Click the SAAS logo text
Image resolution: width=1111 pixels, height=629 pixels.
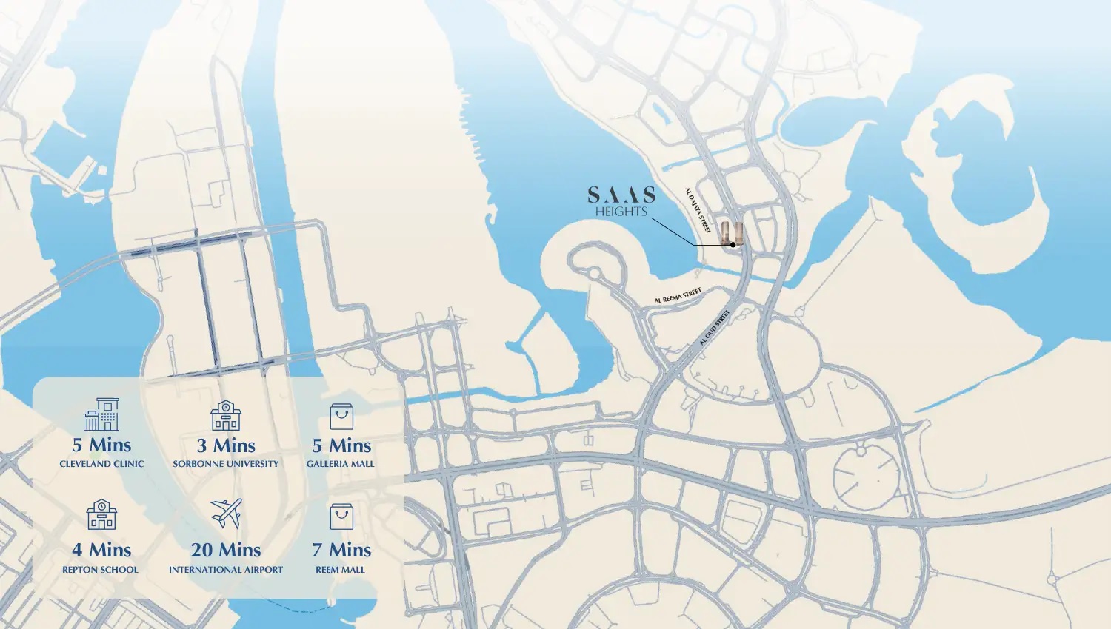[621, 195]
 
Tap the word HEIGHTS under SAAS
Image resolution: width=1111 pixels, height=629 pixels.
[621, 212]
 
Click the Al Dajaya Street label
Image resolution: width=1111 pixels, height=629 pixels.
[698, 210]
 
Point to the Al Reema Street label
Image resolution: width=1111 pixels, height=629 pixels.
[677, 296]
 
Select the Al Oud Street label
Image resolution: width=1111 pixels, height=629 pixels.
[715, 328]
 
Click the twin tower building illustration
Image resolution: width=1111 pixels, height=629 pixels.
[732, 233]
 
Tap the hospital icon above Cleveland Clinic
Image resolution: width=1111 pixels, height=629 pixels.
[101, 414]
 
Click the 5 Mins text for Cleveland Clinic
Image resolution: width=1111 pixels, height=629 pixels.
[101, 445]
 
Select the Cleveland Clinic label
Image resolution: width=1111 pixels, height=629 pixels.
[101, 464]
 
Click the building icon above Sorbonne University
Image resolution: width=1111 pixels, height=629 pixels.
[225, 416]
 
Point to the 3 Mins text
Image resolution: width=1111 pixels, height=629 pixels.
[226, 445]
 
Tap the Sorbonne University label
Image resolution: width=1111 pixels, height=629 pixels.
[226, 464]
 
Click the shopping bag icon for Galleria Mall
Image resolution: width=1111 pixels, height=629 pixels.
[341, 417]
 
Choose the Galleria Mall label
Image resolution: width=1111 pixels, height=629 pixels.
[341, 464]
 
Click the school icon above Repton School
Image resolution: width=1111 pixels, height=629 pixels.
[101, 514]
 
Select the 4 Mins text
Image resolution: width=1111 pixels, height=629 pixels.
[101, 550]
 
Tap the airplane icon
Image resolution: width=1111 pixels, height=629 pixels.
[226, 514]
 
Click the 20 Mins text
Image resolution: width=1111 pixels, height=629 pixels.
[226, 550]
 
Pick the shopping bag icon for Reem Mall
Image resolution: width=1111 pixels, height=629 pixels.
[341, 517]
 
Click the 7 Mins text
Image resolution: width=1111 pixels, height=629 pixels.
[341, 550]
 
